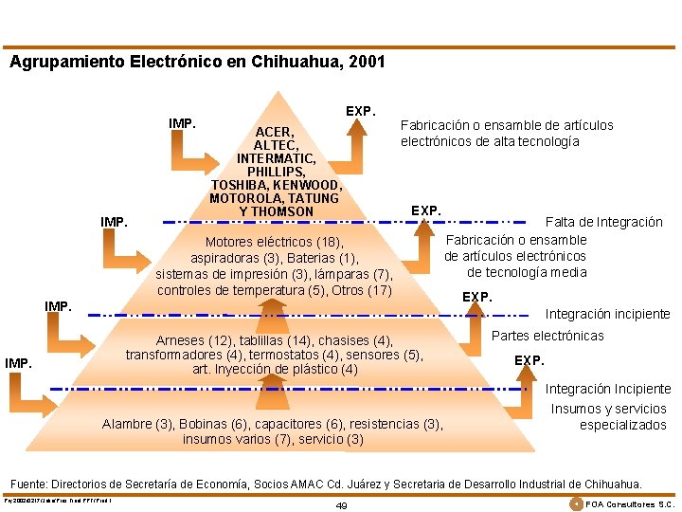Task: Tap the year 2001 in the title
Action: [366, 63]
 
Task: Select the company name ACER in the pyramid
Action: [275, 131]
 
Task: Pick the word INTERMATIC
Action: [277, 157]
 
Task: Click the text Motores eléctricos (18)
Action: [275, 242]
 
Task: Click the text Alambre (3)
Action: [137, 424]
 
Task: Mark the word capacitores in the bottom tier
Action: [285, 424]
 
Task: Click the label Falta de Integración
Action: [603, 222]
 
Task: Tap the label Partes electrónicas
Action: [547, 336]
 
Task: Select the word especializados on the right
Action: [622, 425]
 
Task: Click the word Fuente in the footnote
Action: [31, 483]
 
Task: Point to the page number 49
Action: [341, 505]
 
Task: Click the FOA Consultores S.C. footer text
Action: [630, 503]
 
